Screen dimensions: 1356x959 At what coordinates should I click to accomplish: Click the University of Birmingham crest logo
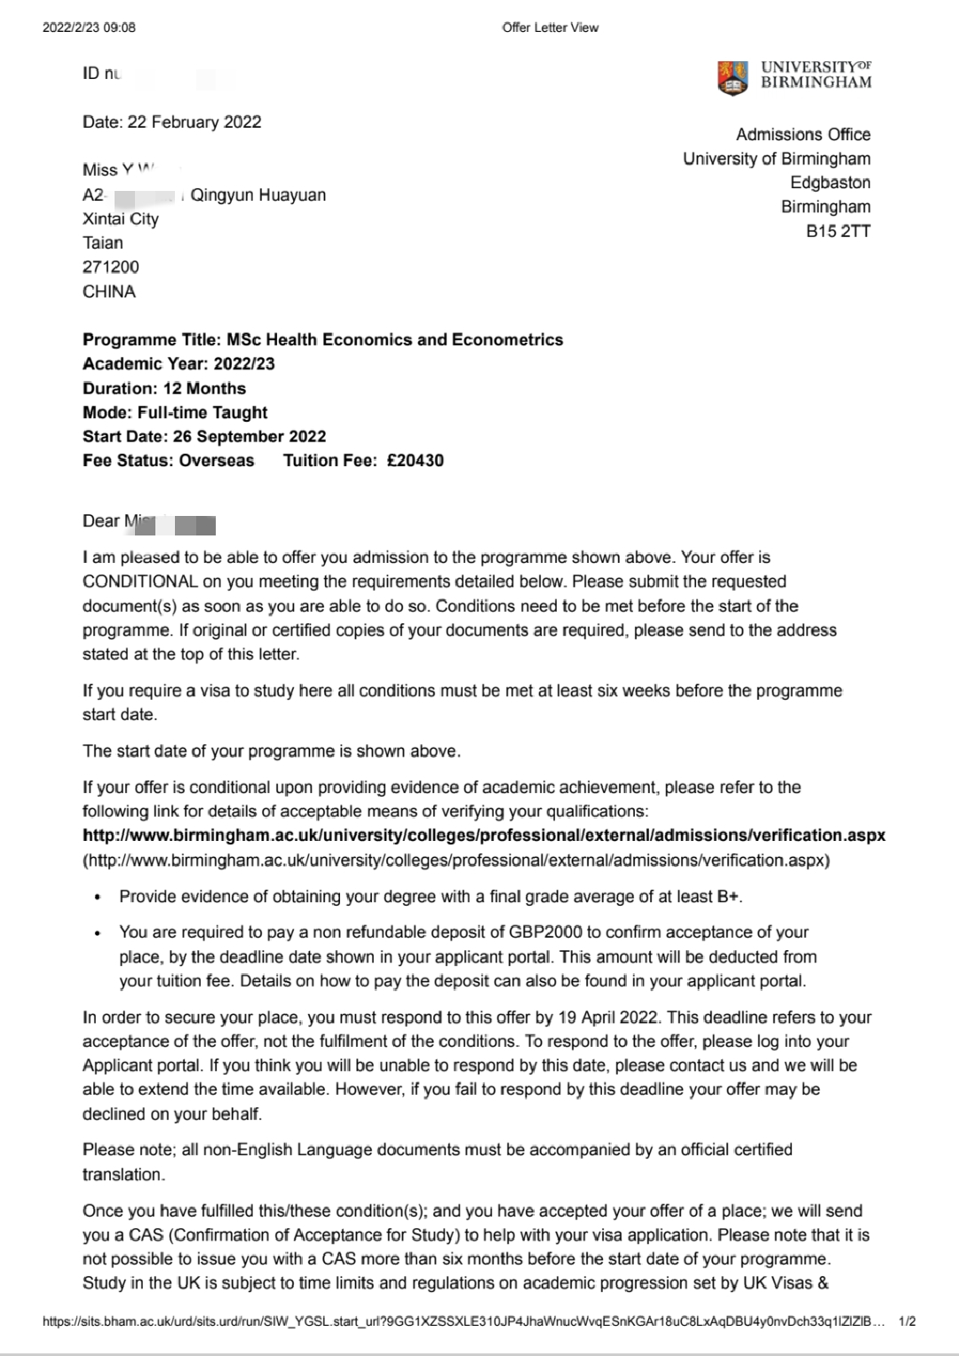733,77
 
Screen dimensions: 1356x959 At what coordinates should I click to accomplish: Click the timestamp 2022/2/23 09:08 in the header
89,28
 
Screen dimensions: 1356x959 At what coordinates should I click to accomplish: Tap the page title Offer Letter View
550,28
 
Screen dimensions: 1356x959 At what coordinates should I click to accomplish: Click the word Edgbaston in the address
830,183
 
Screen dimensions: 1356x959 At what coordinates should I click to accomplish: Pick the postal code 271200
111,266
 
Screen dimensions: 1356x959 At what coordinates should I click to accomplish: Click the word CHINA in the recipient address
109,291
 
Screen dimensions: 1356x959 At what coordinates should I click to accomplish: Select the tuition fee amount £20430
415,461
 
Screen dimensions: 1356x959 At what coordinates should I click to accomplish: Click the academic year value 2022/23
244,364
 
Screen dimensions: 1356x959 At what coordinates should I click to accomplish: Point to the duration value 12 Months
204,388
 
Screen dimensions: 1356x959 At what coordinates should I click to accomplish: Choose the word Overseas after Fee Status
217,461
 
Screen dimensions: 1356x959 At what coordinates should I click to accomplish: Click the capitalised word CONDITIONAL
139,582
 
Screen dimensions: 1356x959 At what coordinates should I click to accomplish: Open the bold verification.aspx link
484,836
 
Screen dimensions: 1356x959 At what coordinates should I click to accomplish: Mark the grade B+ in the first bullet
727,897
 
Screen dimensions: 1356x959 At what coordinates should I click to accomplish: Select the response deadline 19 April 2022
610,1018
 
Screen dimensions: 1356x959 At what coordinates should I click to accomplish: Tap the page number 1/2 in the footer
907,1322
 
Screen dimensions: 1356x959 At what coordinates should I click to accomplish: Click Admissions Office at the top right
803,135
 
